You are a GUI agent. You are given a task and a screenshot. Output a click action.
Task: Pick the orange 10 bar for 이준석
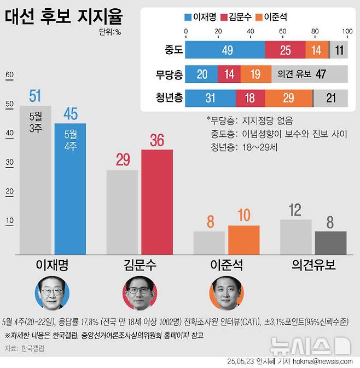click(x=243, y=240)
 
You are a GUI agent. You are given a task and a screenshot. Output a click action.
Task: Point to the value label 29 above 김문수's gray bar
click(x=123, y=160)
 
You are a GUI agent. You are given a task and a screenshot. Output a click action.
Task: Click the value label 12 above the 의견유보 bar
click(x=295, y=209)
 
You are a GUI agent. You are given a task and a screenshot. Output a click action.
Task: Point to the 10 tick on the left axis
click(x=9, y=221)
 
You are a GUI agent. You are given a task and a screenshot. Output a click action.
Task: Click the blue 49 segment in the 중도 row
click(x=225, y=50)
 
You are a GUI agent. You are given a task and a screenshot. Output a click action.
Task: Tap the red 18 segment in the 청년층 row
click(x=251, y=98)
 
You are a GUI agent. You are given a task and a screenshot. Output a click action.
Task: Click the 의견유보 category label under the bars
click(x=313, y=266)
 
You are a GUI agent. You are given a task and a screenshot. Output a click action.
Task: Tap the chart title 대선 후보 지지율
click(x=63, y=15)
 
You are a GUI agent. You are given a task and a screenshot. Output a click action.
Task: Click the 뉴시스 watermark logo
click(x=310, y=345)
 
